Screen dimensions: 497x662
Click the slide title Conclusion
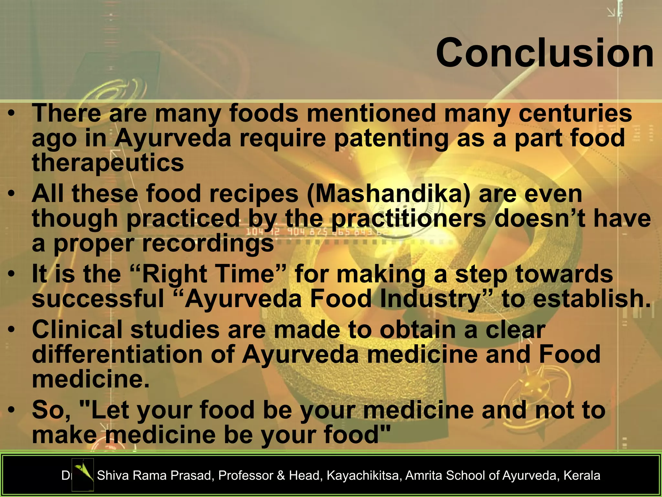[545, 53]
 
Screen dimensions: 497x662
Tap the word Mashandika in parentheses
[388, 194]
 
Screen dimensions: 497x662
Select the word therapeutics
[108, 163]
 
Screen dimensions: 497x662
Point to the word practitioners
[409, 218]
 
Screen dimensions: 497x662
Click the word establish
[592, 299]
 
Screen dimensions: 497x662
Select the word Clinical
[77, 330]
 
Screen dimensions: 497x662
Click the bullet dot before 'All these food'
[12, 194]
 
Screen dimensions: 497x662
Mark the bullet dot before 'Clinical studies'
[12, 330]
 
